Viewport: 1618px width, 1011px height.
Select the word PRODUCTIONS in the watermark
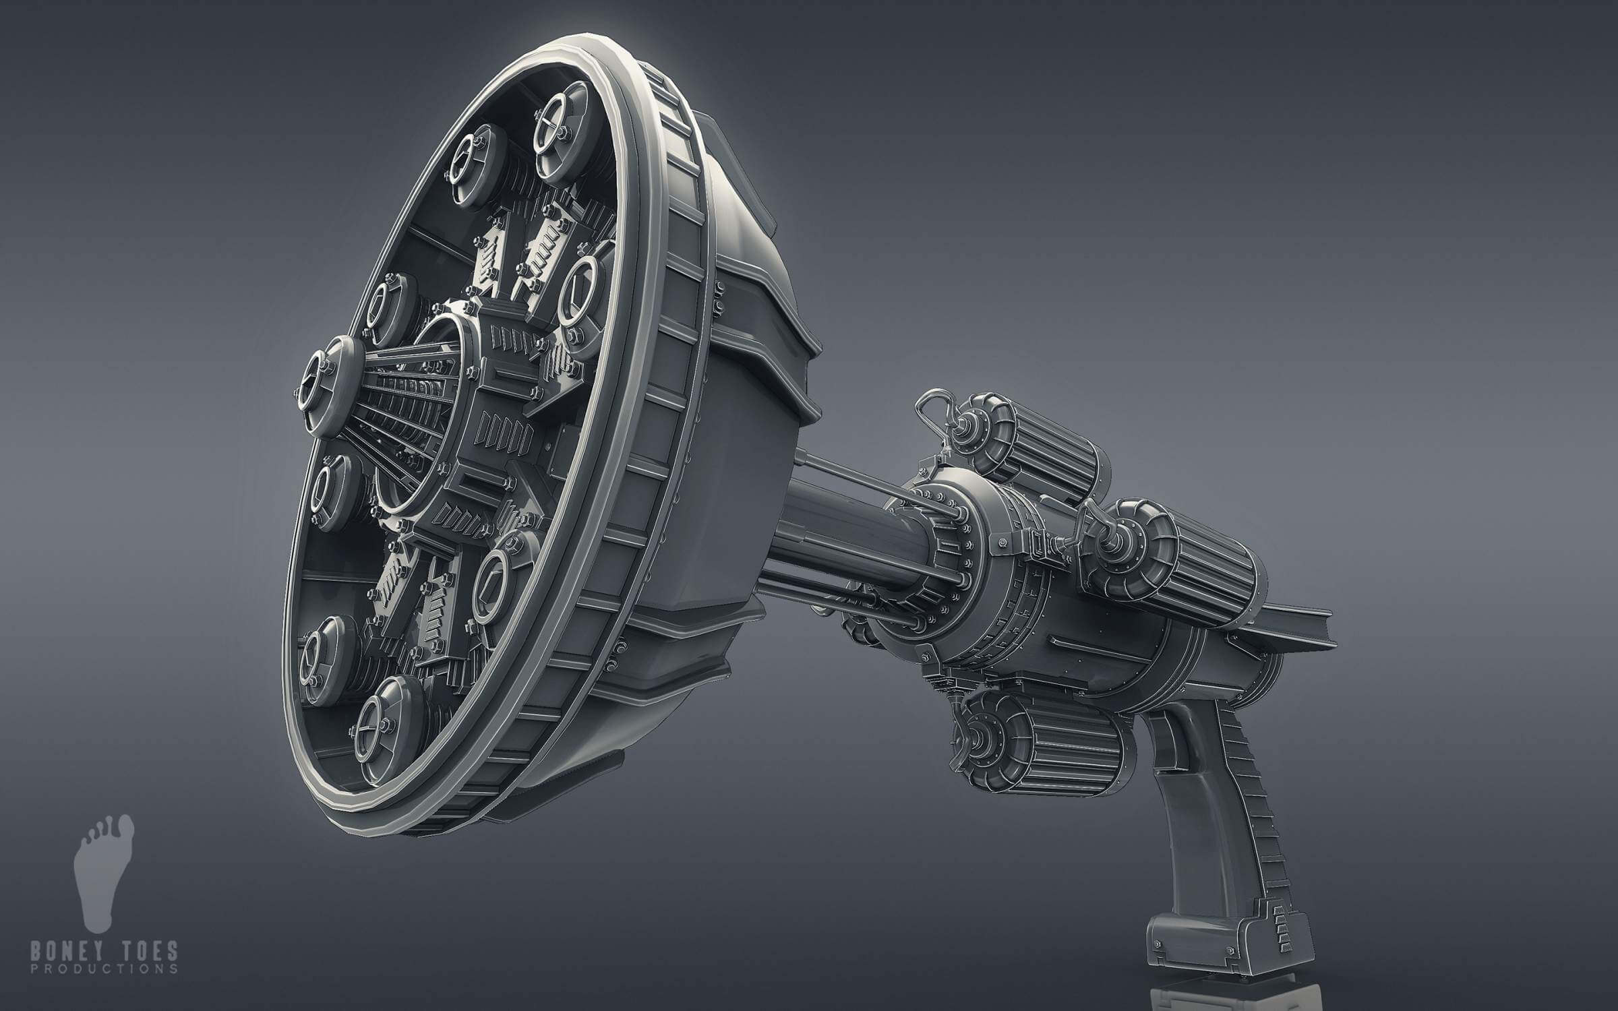104,969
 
